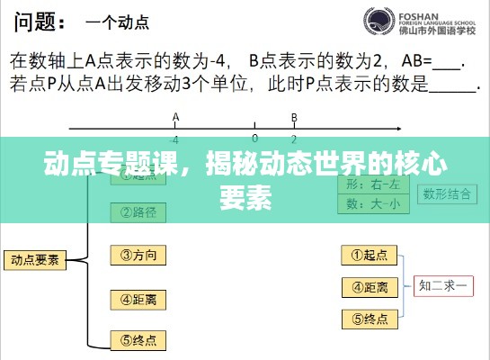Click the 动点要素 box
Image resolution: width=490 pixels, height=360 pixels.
pos(35,260)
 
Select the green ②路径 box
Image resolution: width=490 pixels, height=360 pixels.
pos(138,212)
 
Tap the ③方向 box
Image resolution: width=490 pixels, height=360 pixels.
pos(138,256)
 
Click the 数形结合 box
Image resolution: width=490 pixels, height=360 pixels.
pos(446,193)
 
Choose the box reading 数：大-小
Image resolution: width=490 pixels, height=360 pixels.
pos(373,204)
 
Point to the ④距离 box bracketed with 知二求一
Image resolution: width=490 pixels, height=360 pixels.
pos(370,287)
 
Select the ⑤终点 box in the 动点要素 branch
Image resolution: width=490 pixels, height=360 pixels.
pos(138,340)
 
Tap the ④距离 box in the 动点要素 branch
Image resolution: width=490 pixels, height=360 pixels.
pos(138,299)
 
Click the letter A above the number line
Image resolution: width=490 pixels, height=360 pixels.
pos(175,117)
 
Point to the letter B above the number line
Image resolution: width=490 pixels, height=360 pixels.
pos(294,117)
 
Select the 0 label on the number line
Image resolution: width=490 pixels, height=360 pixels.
pos(254,139)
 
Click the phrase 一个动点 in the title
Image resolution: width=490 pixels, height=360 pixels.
pos(117,20)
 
